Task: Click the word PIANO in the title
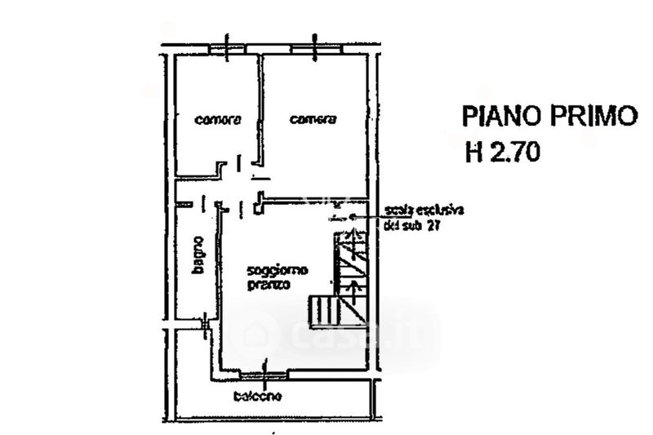[499, 116]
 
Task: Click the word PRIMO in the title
[589, 116]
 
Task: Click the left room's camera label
[218, 120]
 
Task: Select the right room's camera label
[313, 120]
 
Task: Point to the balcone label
[257, 397]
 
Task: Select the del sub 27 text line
[411, 229]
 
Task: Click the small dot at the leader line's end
[351, 217]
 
